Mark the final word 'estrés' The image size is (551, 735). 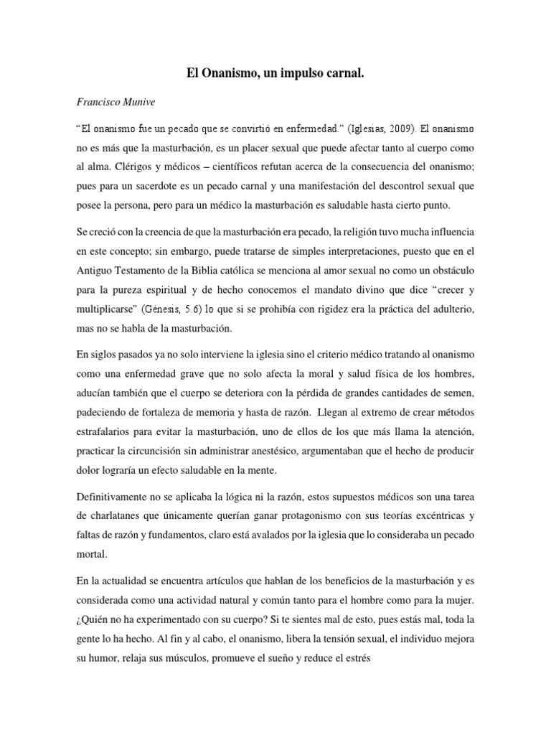354,656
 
